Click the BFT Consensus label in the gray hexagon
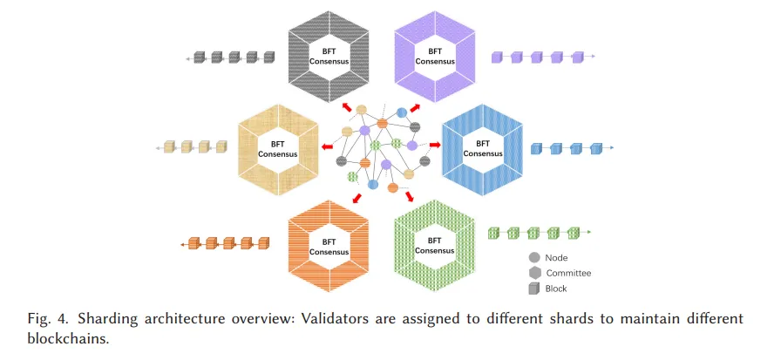[329, 57]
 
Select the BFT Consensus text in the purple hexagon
[435, 57]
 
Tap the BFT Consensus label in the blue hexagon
[483, 148]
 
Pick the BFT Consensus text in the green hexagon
[435, 246]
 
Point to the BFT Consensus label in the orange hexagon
[329, 247]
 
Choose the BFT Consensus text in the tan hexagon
[277, 149]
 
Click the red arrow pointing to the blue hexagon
[435, 145]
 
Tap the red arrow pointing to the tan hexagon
[327, 146]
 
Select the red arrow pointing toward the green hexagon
[410, 196]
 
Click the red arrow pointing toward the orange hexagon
[357, 198]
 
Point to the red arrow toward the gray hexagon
[347, 107]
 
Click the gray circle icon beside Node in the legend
[534, 258]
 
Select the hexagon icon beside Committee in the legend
[534, 273]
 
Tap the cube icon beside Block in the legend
[534, 289]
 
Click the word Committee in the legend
[568, 273]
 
